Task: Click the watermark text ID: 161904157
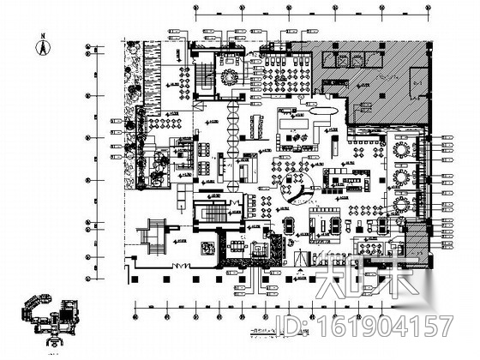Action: tap(381, 327)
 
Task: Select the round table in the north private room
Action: tap(229, 76)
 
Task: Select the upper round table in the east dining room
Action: tap(400, 151)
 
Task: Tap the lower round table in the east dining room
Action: tap(400, 178)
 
